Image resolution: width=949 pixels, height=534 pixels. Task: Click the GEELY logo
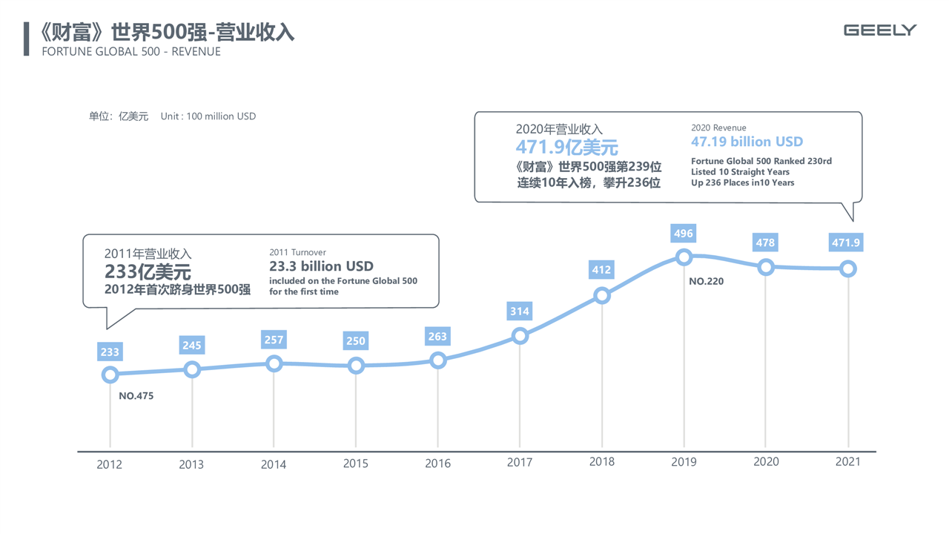click(880, 30)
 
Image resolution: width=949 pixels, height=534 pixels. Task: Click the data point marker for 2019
click(684, 257)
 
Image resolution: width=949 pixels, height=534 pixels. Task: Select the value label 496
click(684, 234)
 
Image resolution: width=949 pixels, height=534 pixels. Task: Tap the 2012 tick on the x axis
click(109, 464)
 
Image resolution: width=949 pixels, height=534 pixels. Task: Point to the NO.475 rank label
click(136, 396)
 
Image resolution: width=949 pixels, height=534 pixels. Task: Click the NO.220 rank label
click(706, 282)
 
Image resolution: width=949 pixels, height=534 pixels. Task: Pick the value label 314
click(520, 311)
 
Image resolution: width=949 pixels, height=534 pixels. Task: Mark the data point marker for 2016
click(438, 360)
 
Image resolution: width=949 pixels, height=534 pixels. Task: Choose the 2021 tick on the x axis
click(847, 461)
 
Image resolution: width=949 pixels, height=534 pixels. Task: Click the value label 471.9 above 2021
click(846, 243)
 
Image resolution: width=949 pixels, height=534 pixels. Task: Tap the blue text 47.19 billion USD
click(747, 142)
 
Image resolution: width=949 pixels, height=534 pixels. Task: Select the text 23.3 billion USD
click(321, 266)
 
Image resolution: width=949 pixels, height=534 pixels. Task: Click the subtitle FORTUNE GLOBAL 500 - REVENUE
click(131, 52)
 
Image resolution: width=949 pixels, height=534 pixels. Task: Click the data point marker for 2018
click(602, 296)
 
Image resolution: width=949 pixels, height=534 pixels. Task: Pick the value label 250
click(356, 341)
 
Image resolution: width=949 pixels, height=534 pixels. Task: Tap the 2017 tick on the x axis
click(519, 462)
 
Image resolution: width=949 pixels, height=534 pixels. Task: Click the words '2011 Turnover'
click(297, 252)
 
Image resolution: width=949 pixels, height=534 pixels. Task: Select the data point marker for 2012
click(110, 375)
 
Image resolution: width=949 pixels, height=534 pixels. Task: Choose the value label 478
click(765, 243)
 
